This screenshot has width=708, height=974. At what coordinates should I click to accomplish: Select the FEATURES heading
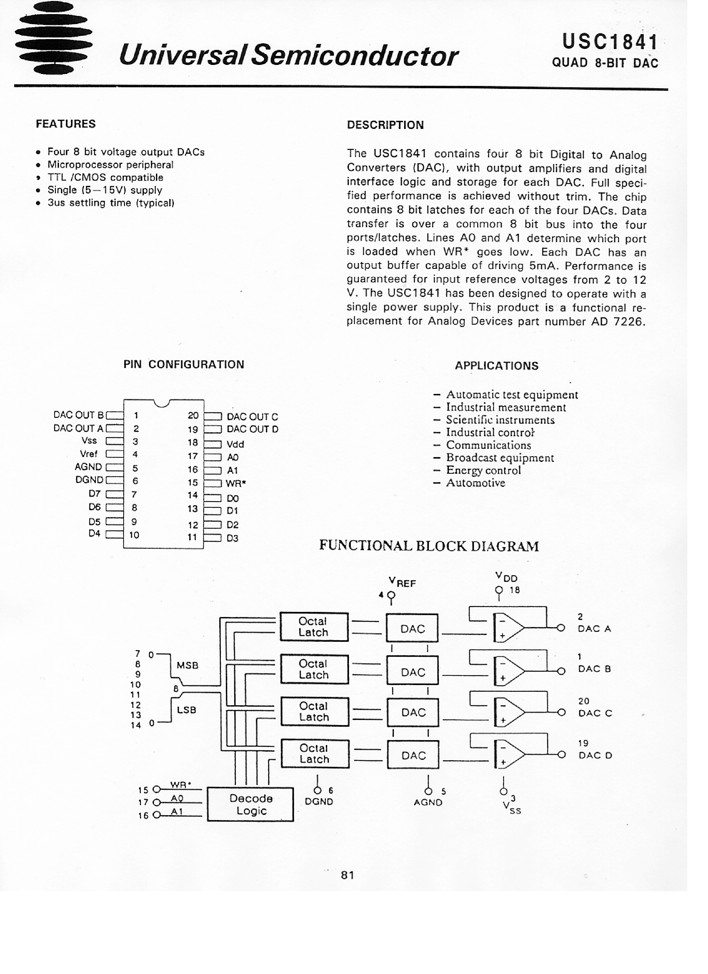[66, 124]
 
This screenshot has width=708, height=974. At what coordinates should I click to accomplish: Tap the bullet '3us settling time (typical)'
[110, 203]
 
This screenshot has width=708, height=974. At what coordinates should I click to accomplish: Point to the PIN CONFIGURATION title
[184, 365]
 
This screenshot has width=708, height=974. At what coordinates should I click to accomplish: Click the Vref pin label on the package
[89, 454]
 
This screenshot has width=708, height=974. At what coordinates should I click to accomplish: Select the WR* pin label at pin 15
[236, 483]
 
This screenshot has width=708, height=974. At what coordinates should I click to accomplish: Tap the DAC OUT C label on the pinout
[252, 417]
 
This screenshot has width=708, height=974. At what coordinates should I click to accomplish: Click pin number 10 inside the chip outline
[135, 535]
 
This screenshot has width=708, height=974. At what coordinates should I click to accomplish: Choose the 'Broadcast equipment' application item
[500, 458]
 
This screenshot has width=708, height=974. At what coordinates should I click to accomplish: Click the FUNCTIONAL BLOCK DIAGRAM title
[428, 546]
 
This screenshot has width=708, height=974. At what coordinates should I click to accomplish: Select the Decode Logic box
[251, 805]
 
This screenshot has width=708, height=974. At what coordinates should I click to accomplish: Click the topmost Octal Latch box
[314, 627]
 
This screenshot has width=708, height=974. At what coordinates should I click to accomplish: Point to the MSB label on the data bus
[187, 665]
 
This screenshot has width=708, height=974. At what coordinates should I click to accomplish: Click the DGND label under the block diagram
[319, 802]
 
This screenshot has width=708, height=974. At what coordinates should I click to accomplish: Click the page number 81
[348, 875]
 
